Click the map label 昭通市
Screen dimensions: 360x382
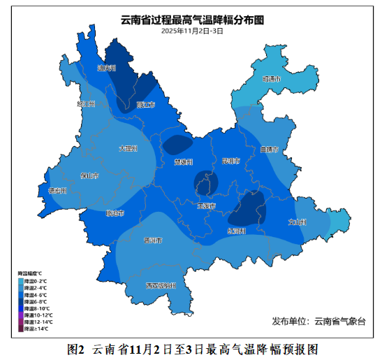(272, 80)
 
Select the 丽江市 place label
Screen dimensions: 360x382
(146, 105)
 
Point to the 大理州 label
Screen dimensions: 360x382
(128, 148)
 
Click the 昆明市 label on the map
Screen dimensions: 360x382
(230, 161)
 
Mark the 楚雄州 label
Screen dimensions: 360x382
(183, 161)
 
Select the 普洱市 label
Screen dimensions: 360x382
(152, 240)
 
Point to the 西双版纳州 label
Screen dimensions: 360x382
(161, 285)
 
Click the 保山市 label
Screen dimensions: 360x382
(89, 176)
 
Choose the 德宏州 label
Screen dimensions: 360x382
(57, 190)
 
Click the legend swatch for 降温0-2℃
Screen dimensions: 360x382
(21, 281)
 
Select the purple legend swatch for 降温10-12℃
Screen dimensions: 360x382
(21, 315)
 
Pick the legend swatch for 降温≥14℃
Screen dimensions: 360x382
(21, 328)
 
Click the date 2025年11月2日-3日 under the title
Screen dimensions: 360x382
(192, 31)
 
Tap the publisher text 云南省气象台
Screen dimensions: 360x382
(339, 321)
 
